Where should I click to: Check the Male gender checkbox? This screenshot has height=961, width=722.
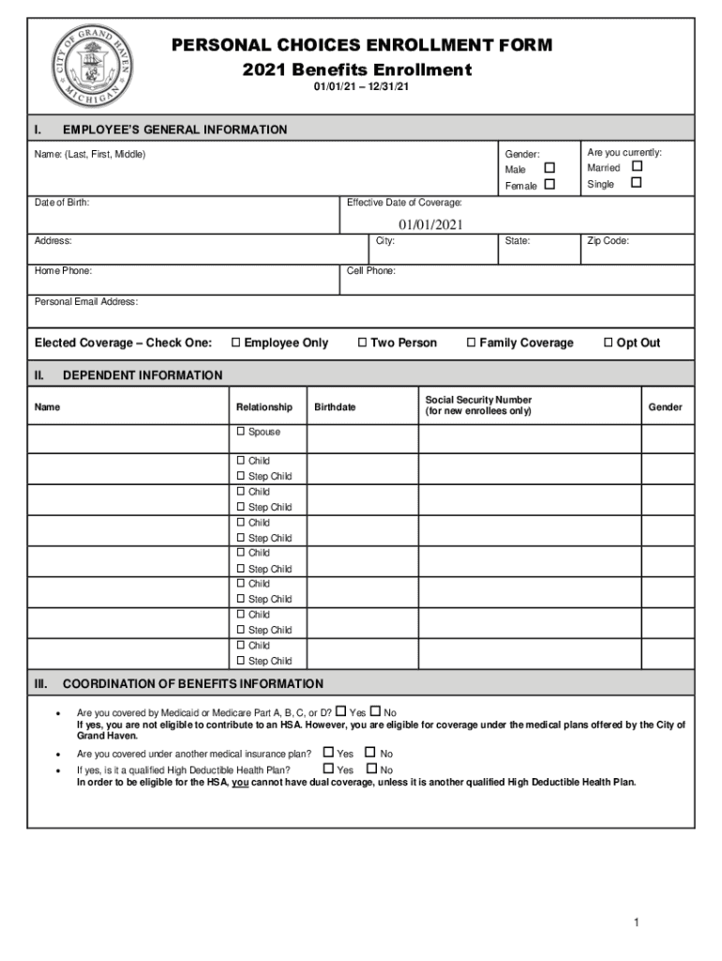(x=549, y=168)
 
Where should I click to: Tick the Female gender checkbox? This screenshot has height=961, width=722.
(x=549, y=184)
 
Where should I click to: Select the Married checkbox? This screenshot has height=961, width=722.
(x=637, y=166)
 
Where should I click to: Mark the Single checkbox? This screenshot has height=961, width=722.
(x=637, y=182)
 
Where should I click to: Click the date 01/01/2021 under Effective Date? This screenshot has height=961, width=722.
(x=430, y=224)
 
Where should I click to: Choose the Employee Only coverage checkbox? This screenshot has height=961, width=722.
(x=236, y=343)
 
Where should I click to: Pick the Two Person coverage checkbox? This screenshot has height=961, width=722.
(x=363, y=343)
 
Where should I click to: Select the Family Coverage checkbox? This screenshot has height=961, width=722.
(x=472, y=343)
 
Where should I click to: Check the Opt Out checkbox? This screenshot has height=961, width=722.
(x=609, y=343)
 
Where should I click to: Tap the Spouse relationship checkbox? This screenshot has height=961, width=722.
(x=240, y=432)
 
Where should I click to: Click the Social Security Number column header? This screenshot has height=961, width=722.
(x=478, y=405)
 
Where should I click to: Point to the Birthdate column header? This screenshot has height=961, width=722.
(x=335, y=407)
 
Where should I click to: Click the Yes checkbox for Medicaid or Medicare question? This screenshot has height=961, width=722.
(x=340, y=711)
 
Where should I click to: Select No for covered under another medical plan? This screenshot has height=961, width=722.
(x=370, y=752)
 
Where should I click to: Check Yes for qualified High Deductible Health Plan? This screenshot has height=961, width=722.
(x=328, y=769)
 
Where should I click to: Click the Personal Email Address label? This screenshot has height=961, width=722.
(x=86, y=302)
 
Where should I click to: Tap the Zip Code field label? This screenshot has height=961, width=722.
(x=608, y=241)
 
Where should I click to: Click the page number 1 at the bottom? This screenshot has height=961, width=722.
(x=636, y=923)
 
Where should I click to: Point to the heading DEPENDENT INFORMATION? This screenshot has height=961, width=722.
(x=143, y=375)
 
